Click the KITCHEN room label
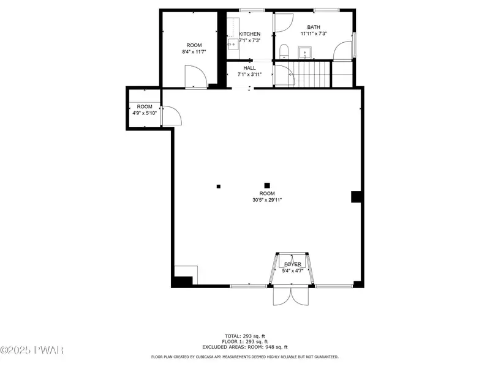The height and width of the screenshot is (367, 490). click(250, 34)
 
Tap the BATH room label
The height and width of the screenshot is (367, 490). click(314, 27)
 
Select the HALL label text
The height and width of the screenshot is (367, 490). click(249, 68)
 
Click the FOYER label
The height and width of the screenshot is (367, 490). click(293, 264)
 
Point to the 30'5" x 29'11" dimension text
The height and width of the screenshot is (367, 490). click(267, 200)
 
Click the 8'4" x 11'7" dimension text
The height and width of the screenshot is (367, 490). click(194, 52)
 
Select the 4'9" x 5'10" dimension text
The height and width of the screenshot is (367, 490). click(145, 113)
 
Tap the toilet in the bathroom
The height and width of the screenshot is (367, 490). click(284, 51)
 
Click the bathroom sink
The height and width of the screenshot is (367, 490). click(304, 53)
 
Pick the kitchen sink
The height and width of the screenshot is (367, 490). click(233, 44)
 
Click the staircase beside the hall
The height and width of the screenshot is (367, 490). click(312, 74)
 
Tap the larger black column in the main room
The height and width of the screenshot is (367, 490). click(267, 186)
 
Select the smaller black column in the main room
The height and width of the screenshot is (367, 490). click(219, 187)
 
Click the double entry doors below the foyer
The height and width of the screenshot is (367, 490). click(290, 296)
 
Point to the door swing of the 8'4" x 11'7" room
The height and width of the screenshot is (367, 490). click(196, 77)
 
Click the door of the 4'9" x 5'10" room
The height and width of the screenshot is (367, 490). click(171, 116)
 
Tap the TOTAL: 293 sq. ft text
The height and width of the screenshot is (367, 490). click(245, 336)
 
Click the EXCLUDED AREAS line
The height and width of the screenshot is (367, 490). click(245, 347)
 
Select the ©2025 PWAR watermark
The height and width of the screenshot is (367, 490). click(32, 350)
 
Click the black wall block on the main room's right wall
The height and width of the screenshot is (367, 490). click(356, 196)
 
